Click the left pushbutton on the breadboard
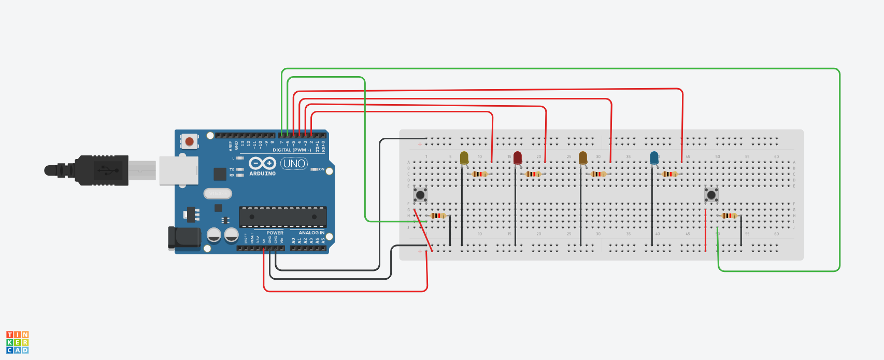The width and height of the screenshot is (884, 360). click(x=420, y=195)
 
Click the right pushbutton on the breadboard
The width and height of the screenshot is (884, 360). click(x=711, y=195)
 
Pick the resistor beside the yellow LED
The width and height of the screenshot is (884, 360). click(x=480, y=174)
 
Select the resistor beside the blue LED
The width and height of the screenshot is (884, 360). click(x=669, y=174)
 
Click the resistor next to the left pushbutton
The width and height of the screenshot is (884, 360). click(x=438, y=215)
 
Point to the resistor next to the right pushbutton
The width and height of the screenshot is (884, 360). click(x=729, y=215)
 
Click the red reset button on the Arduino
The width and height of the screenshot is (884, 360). click(x=190, y=141)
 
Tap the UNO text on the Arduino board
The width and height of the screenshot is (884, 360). click(x=294, y=164)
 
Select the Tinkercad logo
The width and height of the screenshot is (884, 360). click(x=18, y=342)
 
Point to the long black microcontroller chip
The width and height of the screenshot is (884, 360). click(x=283, y=217)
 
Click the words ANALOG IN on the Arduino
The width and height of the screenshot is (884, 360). click(x=311, y=233)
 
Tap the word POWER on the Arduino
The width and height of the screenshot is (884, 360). click(x=275, y=233)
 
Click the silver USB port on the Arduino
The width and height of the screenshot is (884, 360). click(x=178, y=170)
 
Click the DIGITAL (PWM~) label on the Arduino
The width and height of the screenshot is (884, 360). click(x=292, y=150)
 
